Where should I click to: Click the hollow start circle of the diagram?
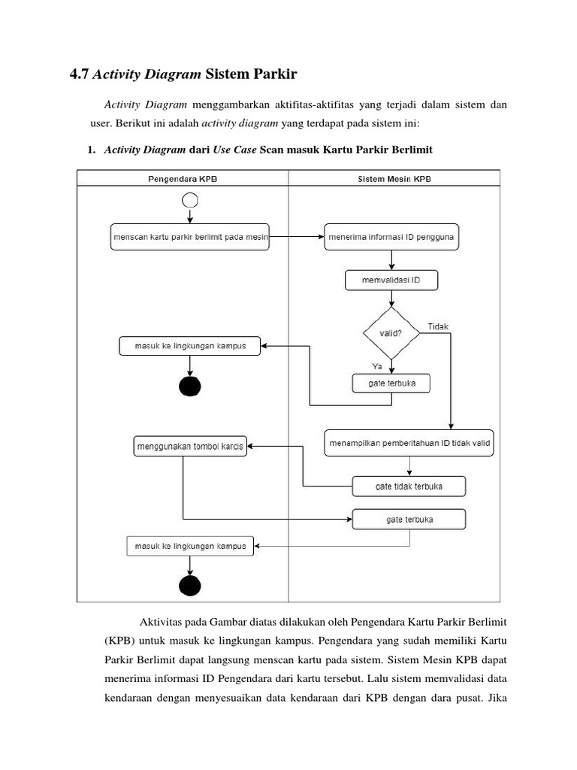pos(190,200)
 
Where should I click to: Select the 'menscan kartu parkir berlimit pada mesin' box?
pos(189,237)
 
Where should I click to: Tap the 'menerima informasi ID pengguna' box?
pos(391,237)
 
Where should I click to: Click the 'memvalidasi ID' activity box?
pos(391,280)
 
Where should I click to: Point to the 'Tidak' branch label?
pos(438,326)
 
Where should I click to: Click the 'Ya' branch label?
pos(377,365)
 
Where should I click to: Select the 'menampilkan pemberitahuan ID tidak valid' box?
pos(409,443)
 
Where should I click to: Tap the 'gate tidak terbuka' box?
pos(409,487)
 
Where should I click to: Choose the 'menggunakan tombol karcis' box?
pos(189,447)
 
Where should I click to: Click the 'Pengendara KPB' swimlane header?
pos(183,178)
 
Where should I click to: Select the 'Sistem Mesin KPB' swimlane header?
pos(394,178)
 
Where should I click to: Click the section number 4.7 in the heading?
pos(78,74)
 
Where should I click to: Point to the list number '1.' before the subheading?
pos(92,150)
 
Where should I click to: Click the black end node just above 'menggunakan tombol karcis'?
pos(190,387)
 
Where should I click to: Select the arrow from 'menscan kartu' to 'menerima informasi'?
pos(297,237)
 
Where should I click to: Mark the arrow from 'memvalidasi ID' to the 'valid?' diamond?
pos(391,299)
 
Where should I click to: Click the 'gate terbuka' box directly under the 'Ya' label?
pos(391,383)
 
